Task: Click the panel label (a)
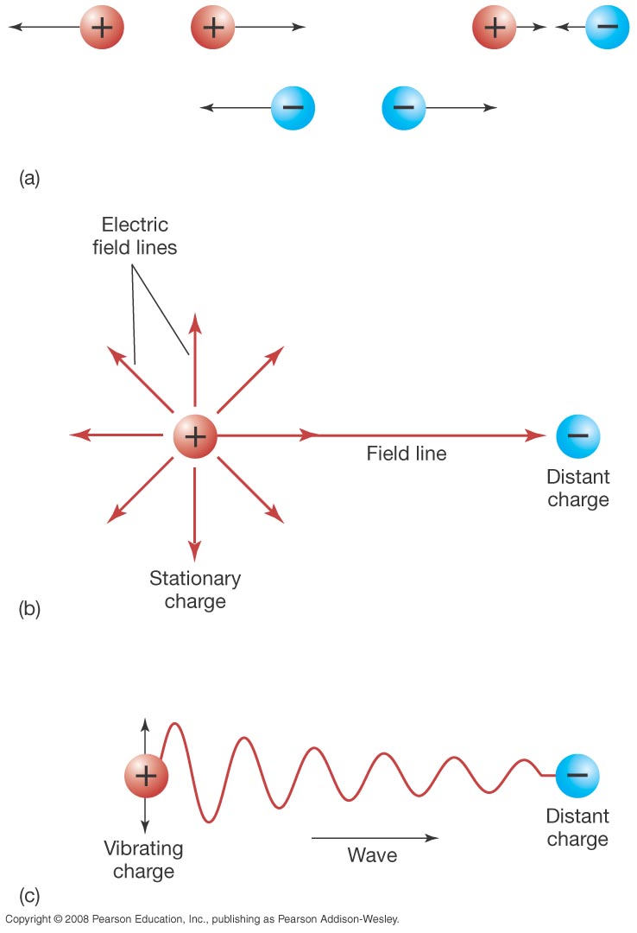pyautogui.click(x=28, y=179)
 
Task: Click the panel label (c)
pyautogui.click(x=28, y=895)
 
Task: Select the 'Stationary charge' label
pyautogui.click(x=195, y=589)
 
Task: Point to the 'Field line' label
pyautogui.click(x=407, y=453)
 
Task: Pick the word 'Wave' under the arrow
pyautogui.click(x=372, y=855)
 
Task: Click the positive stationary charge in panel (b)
pyautogui.click(x=195, y=437)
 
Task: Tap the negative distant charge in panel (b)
pyautogui.click(x=578, y=436)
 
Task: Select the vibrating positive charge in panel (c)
pyautogui.click(x=145, y=775)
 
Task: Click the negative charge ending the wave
pyautogui.click(x=577, y=776)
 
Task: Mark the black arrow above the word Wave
pyautogui.click(x=375, y=837)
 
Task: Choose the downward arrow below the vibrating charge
pyautogui.click(x=145, y=815)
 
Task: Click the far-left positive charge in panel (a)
pyautogui.click(x=102, y=29)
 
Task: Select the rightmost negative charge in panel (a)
pyautogui.click(x=608, y=28)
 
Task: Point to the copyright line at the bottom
pyautogui.click(x=202, y=919)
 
